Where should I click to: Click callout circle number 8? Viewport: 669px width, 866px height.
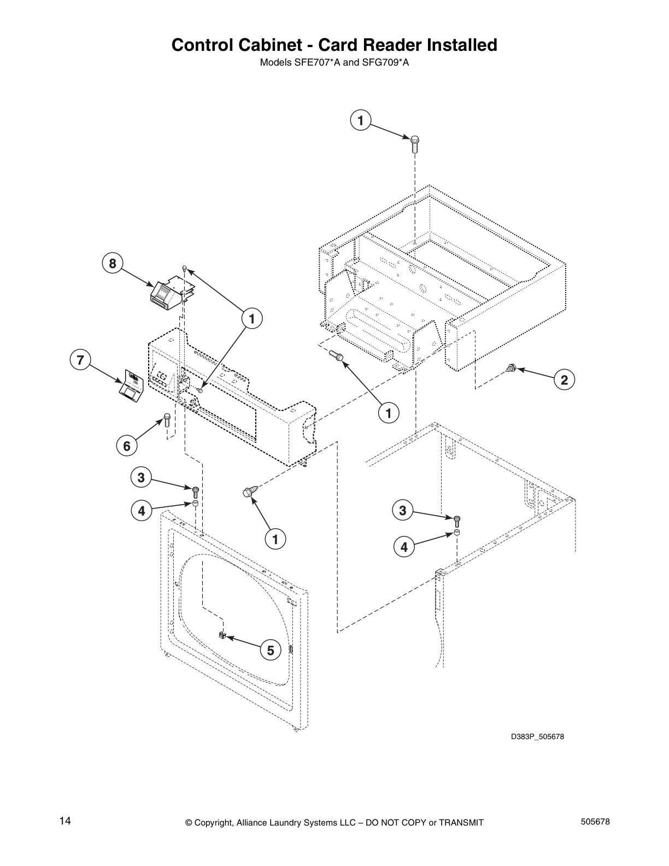point(112,264)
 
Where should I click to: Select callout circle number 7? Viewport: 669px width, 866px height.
point(80,360)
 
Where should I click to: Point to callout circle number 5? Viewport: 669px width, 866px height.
point(270,650)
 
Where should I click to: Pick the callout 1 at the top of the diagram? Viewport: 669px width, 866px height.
point(361,120)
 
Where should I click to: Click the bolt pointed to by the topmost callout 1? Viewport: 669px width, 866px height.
point(415,143)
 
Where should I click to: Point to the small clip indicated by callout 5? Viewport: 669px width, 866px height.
point(222,635)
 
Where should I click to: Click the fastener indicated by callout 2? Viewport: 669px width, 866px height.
point(512,368)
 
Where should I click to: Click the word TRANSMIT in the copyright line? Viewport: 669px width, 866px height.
point(459,822)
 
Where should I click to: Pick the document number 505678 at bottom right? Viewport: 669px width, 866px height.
point(596,821)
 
